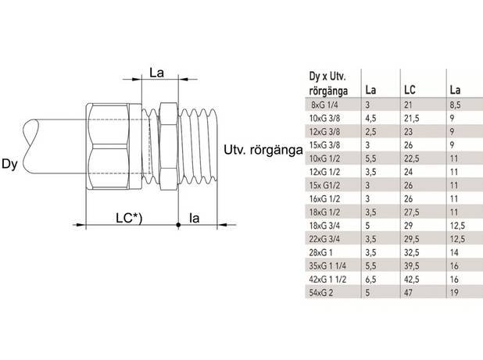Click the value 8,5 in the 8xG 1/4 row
pos(456,102)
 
